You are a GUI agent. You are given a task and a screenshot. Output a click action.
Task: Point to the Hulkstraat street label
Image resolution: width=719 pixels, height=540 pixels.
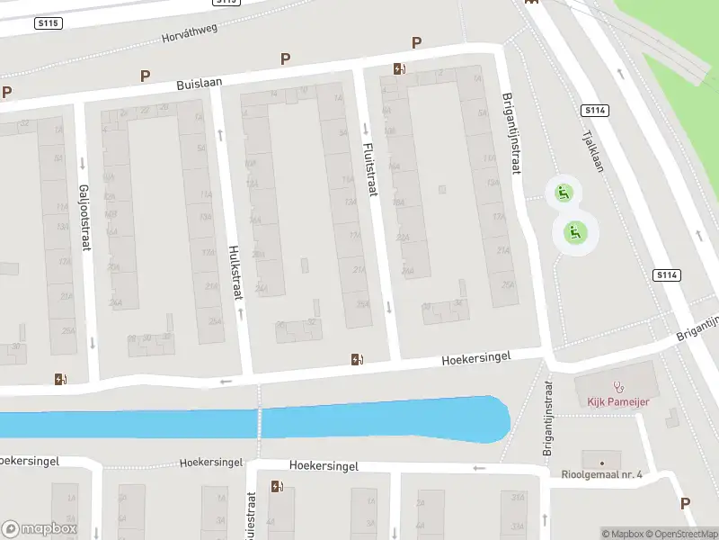point(235,265)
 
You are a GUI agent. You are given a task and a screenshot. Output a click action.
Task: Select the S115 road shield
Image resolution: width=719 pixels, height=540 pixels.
point(49,23)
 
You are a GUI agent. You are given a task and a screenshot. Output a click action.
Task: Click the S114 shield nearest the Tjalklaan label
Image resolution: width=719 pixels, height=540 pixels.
point(595,110)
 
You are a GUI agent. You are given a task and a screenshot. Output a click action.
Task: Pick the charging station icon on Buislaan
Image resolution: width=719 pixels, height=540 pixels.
point(399,68)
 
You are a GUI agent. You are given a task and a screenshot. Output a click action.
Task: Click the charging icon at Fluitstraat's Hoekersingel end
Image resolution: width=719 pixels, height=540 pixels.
point(357,360)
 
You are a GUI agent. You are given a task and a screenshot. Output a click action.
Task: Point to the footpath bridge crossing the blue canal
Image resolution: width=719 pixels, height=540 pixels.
point(260,421)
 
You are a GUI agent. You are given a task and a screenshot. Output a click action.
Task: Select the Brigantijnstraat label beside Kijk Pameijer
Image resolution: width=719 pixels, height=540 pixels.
point(547,417)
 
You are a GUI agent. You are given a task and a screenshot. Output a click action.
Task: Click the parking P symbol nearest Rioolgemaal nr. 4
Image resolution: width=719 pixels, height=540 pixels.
point(686,504)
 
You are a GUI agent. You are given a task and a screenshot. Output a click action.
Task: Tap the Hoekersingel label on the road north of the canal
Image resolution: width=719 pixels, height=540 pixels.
point(475,357)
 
